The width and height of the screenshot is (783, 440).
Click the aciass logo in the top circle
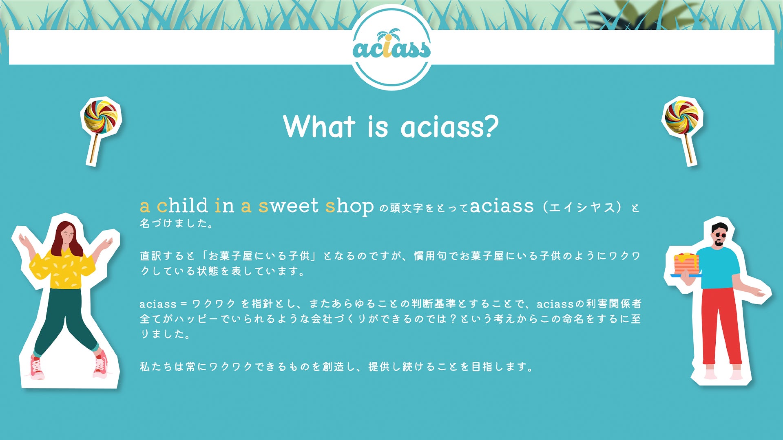click(391, 46)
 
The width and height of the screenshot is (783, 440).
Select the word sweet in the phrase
click(288, 206)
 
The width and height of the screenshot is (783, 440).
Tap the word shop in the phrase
click(349, 206)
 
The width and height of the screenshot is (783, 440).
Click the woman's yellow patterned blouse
click(62, 268)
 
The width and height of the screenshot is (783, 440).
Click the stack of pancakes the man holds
click(686, 264)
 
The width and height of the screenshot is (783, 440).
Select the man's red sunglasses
click(720, 235)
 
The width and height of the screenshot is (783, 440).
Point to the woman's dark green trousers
click(65, 322)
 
